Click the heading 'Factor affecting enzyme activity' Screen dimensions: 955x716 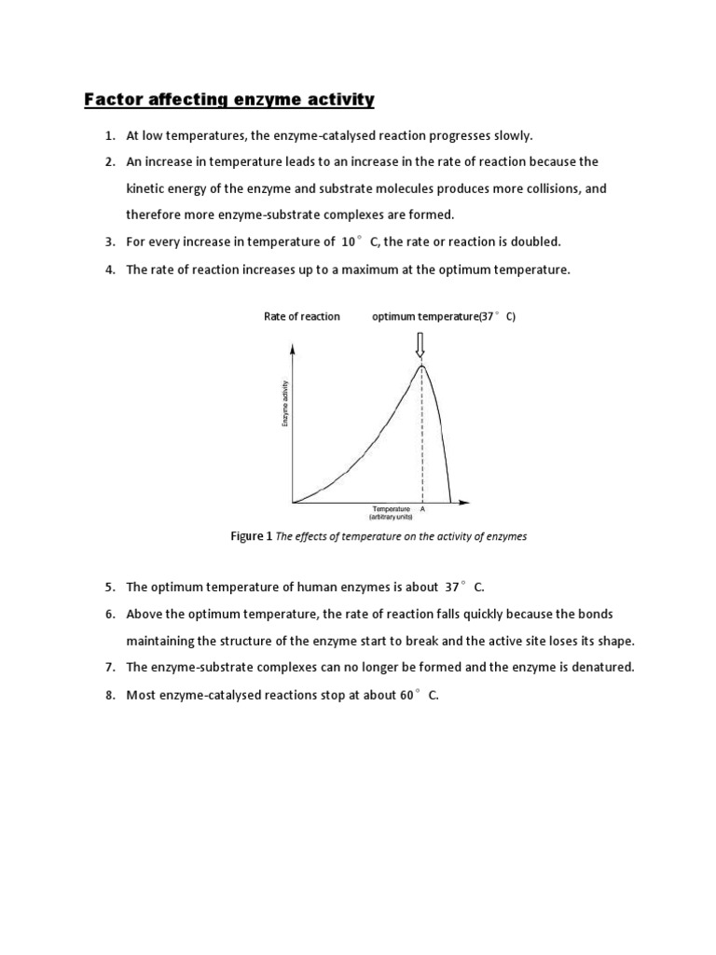229,99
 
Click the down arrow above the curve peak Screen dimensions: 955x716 420,345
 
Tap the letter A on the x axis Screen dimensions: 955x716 423,509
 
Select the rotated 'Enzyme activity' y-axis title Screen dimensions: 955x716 285,406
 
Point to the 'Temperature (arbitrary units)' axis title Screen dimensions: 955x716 392,512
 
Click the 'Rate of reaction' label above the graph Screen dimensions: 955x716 302,317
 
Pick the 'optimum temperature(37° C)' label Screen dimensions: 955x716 443,317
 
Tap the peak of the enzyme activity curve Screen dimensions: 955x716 422,364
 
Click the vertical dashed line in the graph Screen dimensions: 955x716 422,438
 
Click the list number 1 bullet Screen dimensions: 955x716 108,136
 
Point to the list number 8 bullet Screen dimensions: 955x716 108,695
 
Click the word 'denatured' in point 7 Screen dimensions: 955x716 604,668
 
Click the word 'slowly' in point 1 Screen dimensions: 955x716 511,136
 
